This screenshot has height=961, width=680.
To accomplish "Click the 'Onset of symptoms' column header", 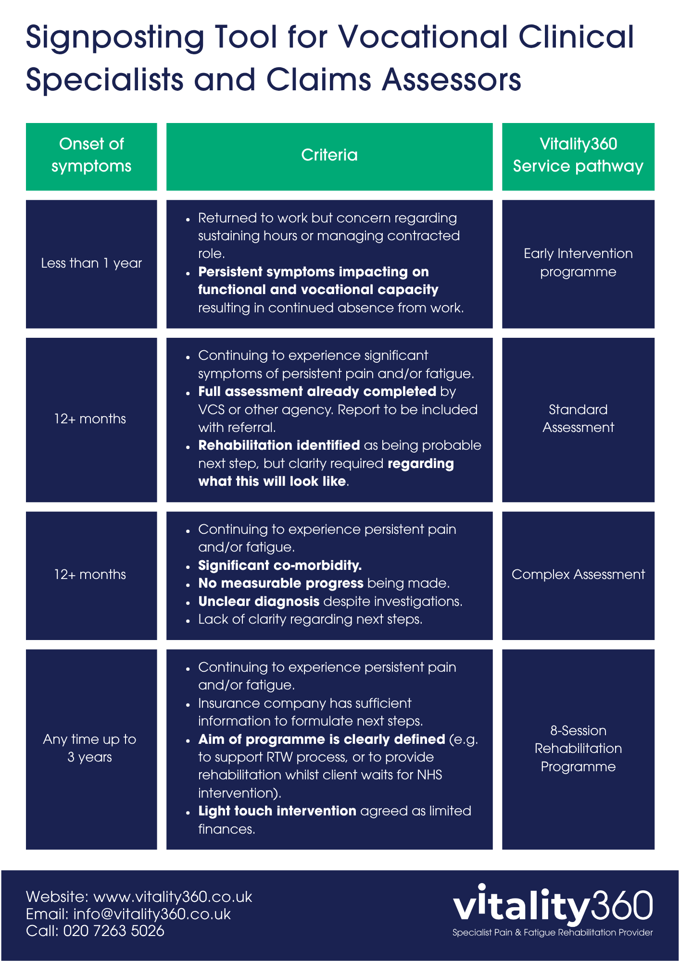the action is coord(91,157).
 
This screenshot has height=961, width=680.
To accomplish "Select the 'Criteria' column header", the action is coord(329,157).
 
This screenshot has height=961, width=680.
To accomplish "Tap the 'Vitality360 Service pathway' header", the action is coord(578,157).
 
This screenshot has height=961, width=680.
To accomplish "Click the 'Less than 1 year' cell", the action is coord(91,264).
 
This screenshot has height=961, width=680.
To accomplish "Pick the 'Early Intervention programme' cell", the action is coord(578,264).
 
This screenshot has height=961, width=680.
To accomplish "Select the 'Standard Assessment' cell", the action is coord(578,419).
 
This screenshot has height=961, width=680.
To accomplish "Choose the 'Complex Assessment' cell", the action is coord(578,575).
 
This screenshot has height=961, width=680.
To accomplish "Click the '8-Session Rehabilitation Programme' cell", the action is coord(578,749).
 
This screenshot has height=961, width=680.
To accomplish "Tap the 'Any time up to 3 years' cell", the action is coord(91,749).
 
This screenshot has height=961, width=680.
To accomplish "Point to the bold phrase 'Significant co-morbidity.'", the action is coord(280,566).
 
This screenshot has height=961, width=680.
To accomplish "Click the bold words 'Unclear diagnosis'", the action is coord(259,602).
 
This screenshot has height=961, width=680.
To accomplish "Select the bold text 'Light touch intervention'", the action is coord(277,811).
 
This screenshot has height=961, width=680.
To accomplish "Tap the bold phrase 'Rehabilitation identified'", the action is coord(279,445).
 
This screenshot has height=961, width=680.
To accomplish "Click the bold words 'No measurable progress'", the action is coord(281,583).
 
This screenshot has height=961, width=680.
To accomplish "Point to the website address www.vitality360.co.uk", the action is coord(173,897).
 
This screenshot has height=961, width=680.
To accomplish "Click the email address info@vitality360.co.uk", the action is coord(152,914).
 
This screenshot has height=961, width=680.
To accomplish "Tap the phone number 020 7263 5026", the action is coord(113,931).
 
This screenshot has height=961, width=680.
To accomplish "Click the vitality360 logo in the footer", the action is coord(553,906).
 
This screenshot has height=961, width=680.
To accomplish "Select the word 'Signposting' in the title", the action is coord(115,38).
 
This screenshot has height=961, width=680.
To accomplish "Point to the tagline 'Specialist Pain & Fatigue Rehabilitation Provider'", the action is coord(553,933).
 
